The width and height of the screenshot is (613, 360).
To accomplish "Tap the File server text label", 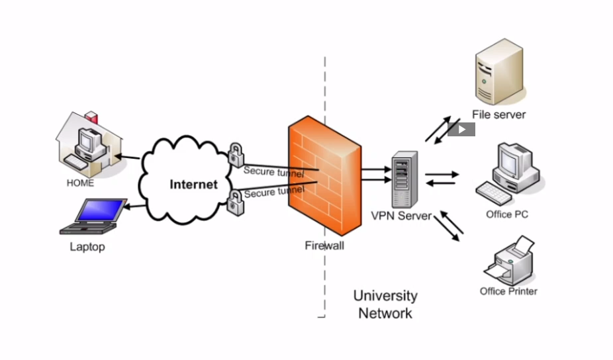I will pyautogui.click(x=498, y=114).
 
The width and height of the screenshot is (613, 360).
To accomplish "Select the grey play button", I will pyautogui.click(x=461, y=129).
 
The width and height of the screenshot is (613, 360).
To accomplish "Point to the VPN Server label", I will pyautogui.click(x=401, y=216).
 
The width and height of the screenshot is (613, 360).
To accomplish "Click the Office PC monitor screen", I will pyautogui.click(x=511, y=161).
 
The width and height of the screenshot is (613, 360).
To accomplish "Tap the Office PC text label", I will pyautogui.click(x=507, y=214).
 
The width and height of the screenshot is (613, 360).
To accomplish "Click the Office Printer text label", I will pyautogui.click(x=508, y=291).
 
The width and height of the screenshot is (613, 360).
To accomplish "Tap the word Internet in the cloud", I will pyautogui.click(x=193, y=185).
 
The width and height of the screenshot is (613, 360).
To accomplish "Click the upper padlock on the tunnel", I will pyautogui.click(x=236, y=156).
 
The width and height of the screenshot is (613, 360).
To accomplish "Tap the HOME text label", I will pyautogui.click(x=80, y=183).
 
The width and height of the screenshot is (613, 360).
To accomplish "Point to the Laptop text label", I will pyautogui.click(x=87, y=247).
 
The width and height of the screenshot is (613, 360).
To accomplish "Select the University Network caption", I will pyautogui.click(x=385, y=304).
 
